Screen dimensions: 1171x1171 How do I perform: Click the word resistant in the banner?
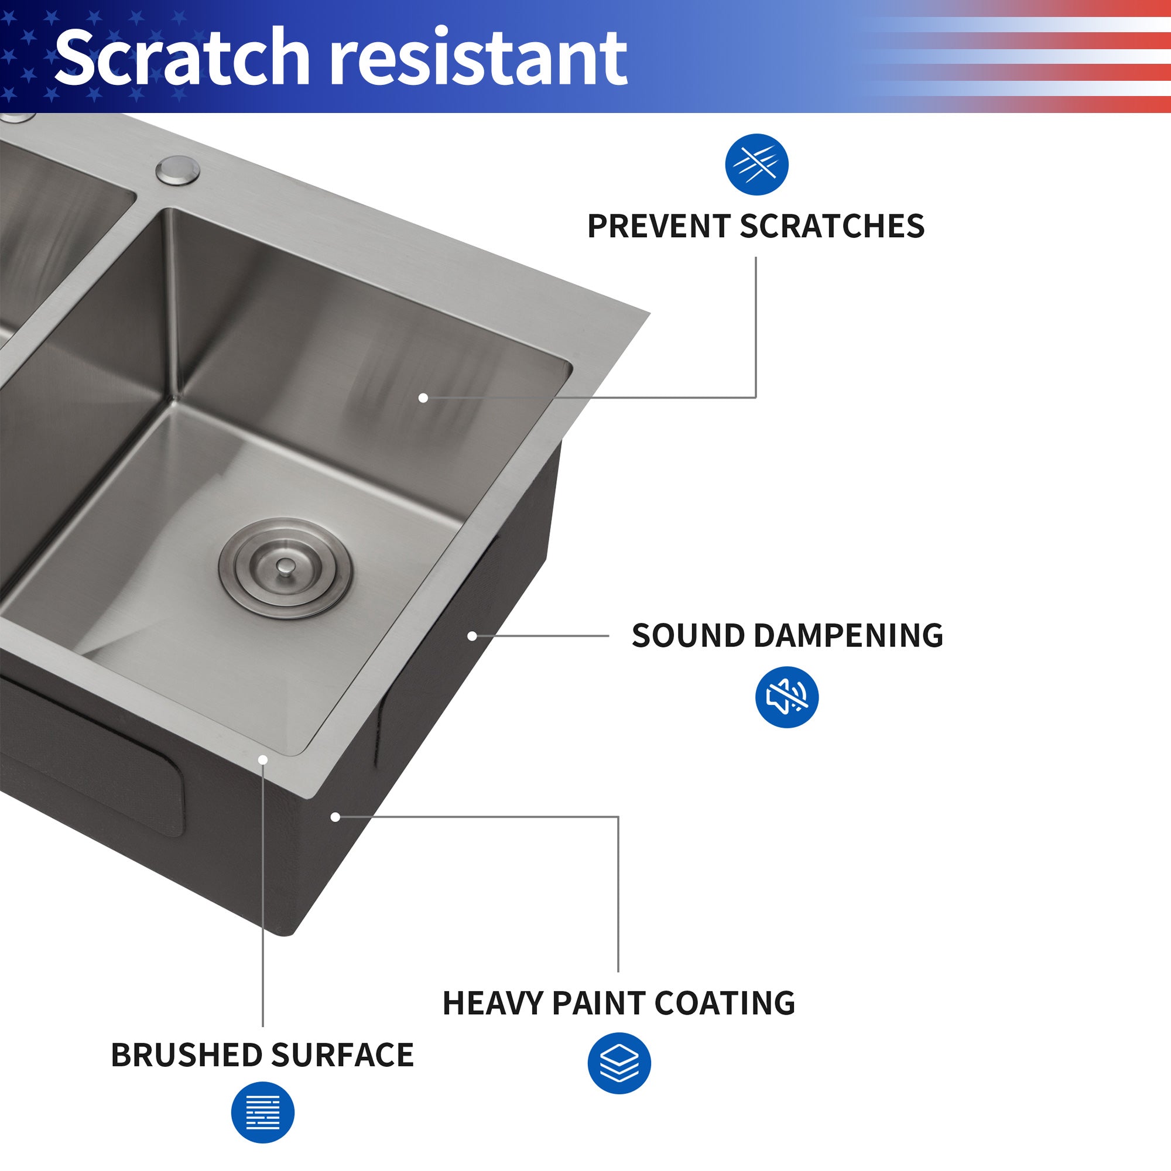click(481, 57)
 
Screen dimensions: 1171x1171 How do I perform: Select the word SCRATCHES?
click(831, 227)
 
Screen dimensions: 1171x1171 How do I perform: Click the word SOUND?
click(688, 636)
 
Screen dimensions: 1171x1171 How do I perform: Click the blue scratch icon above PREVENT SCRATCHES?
click(756, 165)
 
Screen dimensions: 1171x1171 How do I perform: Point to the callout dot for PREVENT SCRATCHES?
click(423, 398)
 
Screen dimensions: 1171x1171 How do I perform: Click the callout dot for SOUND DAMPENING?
click(472, 636)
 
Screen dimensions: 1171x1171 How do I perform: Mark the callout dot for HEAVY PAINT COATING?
click(334, 817)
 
